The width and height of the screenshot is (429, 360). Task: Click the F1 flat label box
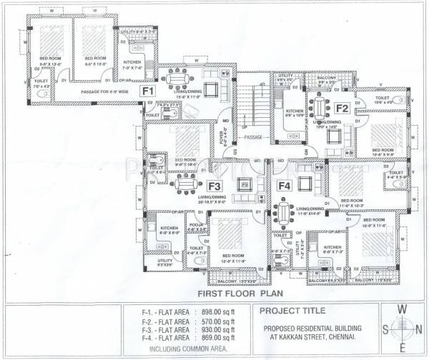pos(148,91)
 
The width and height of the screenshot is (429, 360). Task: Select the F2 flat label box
pos(342,109)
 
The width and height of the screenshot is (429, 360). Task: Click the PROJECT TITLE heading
pos(292,311)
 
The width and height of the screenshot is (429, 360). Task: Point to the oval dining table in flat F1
pos(174,77)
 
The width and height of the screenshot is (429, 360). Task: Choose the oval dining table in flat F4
pos(284,212)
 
